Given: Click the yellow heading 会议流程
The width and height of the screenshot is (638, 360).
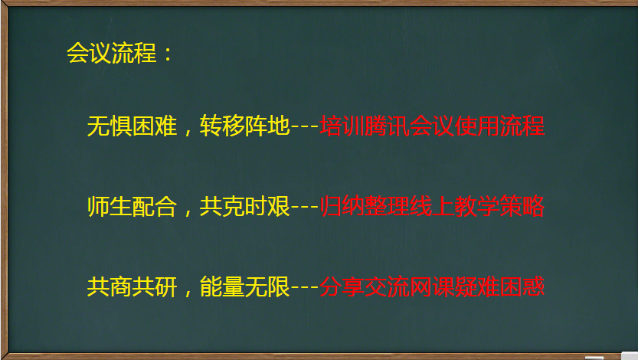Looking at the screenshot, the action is [112, 53].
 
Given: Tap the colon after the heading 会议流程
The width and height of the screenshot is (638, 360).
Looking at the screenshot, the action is [168, 54].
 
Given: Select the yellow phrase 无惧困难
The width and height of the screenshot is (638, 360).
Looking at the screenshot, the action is [133, 126].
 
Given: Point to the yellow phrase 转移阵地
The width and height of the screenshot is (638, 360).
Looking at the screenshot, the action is [244, 126].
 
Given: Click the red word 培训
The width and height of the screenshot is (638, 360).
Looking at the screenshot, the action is [342, 126].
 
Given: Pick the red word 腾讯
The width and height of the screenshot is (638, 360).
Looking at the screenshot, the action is [387, 126].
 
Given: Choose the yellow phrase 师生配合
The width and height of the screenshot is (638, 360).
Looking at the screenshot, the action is [133, 206].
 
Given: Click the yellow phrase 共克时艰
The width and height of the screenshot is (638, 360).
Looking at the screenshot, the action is [244, 206].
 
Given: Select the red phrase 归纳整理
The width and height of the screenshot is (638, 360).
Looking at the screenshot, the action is [365, 206].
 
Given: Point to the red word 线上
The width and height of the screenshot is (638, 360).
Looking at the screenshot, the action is [432, 206].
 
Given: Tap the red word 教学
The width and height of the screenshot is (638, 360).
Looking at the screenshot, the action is [477, 206].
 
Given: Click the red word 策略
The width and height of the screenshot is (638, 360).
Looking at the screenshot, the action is [522, 206].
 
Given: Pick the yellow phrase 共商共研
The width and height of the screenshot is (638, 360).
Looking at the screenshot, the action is [133, 286].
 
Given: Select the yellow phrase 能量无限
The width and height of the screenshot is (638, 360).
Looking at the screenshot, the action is [244, 286].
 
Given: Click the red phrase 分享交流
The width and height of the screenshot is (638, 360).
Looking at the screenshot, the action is [365, 286].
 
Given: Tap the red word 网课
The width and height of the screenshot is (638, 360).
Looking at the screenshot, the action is [432, 286].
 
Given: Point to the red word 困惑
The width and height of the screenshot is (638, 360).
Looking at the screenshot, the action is [522, 286].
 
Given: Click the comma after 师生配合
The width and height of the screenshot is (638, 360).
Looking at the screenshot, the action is [188, 212].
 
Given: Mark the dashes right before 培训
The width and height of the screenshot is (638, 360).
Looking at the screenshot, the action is [305, 126].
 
